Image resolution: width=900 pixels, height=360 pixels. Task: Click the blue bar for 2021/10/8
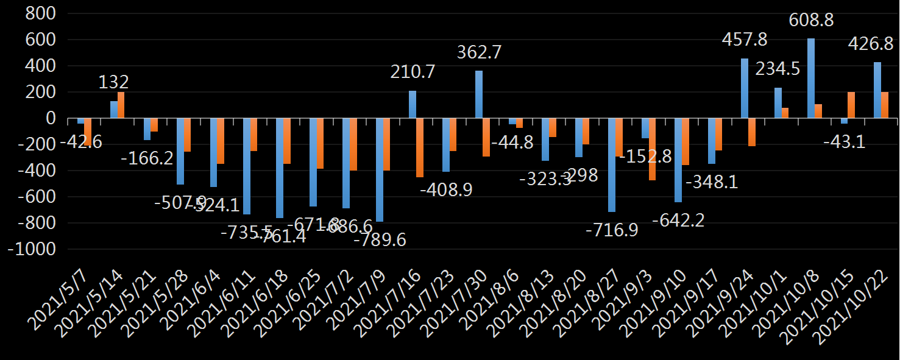811,78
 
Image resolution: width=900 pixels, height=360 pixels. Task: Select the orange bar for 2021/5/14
121,105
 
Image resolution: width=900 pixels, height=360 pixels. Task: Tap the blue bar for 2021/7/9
379,170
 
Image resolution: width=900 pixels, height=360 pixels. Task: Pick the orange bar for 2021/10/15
851,105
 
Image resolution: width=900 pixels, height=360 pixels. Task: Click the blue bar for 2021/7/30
479,94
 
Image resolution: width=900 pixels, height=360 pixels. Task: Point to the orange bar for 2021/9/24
752,132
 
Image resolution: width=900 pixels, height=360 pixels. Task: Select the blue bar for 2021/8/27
612,165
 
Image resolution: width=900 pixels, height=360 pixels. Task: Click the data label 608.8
811,20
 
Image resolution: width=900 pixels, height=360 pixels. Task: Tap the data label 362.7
479,53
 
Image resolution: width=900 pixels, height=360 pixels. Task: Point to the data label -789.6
380,239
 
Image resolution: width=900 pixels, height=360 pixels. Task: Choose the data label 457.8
745,40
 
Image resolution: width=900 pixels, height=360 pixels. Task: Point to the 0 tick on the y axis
51,118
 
